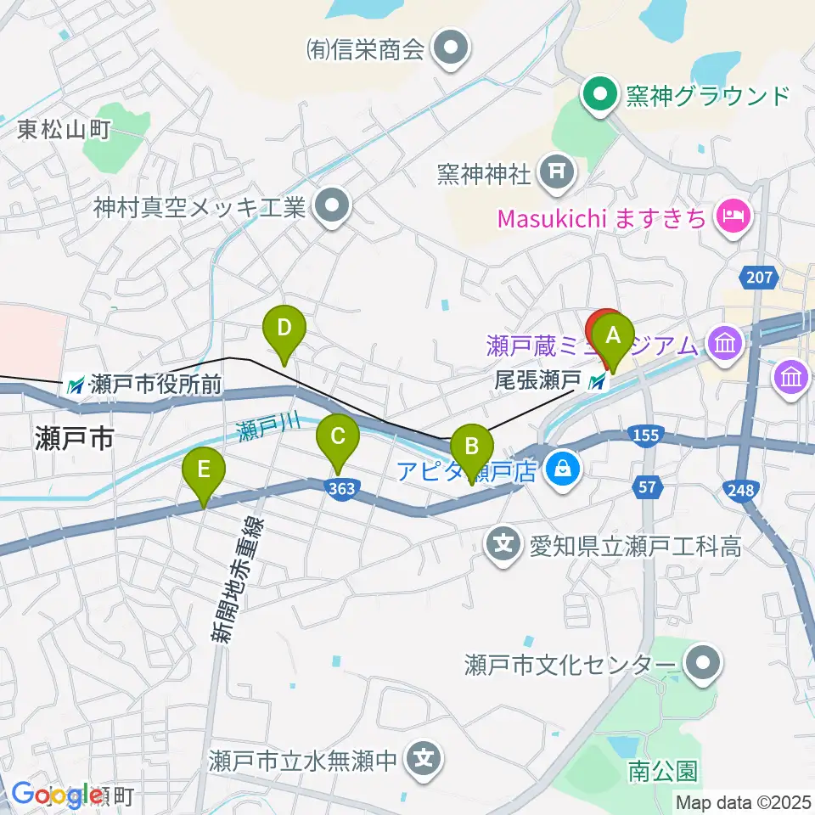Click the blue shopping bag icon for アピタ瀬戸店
(560, 468)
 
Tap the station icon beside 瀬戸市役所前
(76, 385)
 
